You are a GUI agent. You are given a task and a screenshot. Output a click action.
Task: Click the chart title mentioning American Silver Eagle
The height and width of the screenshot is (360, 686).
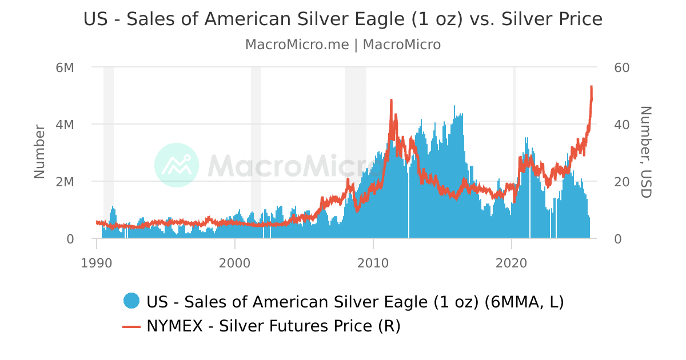[343, 19]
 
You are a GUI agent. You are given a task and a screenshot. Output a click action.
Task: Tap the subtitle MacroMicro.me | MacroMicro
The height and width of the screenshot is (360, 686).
[343, 45]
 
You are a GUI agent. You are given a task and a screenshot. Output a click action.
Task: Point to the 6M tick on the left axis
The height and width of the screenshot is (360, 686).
[65, 67]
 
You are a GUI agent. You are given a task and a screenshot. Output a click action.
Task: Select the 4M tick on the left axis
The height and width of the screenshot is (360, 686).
[65, 125]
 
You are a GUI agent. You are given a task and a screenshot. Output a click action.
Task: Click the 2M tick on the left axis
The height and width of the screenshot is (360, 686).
[65, 182]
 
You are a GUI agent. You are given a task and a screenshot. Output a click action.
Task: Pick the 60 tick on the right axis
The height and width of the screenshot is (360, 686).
[621, 67]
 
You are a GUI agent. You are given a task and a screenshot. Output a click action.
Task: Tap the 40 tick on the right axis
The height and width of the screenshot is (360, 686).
[621, 125]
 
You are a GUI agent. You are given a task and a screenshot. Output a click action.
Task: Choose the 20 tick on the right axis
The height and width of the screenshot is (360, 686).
[621, 182]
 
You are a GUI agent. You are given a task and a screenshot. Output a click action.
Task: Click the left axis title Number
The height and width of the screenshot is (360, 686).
[39, 151]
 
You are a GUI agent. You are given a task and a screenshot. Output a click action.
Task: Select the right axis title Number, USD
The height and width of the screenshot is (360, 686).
[645, 151]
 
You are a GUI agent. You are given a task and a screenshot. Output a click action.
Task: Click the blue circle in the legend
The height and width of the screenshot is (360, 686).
[131, 301]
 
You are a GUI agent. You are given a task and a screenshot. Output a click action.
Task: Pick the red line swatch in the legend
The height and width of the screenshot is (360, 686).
[131, 326]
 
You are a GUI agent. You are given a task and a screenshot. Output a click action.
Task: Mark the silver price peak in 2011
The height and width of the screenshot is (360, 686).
[391, 100]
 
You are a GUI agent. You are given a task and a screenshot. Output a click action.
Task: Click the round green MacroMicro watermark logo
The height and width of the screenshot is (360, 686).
[177, 165]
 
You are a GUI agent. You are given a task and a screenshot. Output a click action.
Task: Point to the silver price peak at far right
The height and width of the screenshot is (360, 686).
[591, 87]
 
